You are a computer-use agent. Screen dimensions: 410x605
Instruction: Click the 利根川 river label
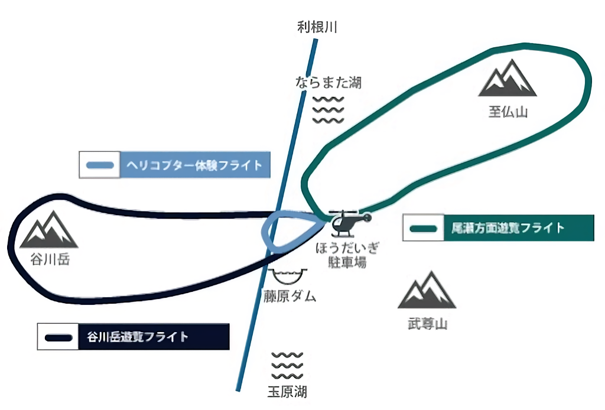click(x=317, y=27)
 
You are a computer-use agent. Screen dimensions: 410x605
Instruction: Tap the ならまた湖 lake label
click(x=328, y=82)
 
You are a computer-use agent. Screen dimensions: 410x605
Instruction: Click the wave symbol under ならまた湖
click(x=328, y=109)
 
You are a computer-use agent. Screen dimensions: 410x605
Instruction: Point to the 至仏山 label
click(x=507, y=112)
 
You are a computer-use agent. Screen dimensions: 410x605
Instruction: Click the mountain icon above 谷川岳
click(x=49, y=230)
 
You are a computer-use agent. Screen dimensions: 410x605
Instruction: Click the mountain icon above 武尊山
click(x=427, y=291)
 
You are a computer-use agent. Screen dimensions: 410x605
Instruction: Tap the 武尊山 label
click(x=428, y=324)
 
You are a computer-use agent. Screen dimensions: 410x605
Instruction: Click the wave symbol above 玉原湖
click(x=287, y=366)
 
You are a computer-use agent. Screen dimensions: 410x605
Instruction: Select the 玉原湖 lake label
click(x=287, y=391)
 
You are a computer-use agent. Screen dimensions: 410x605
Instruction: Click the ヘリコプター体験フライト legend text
click(x=194, y=165)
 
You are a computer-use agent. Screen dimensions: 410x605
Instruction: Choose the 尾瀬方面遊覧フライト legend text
click(x=508, y=227)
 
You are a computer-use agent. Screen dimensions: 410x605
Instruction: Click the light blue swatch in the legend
click(x=100, y=165)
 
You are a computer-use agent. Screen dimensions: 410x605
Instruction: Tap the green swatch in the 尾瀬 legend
click(x=423, y=228)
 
